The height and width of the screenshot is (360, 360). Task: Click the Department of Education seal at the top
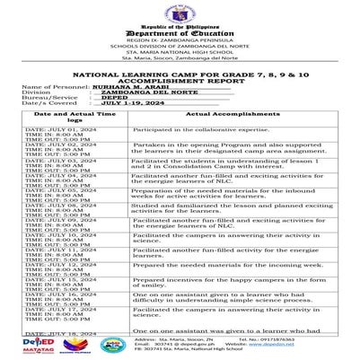(180, 12)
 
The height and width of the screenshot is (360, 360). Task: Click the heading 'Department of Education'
(180, 34)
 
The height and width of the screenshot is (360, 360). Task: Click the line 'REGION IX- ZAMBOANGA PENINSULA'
(180, 41)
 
